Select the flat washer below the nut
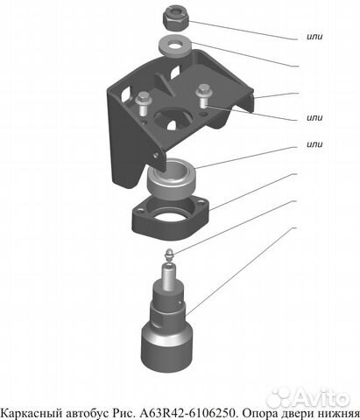click(x=174, y=45)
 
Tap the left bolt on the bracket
click(x=143, y=102)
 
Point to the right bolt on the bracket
click(x=204, y=95)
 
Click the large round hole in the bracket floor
click(x=173, y=117)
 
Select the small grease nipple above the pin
click(x=170, y=254)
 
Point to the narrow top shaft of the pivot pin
click(x=169, y=276)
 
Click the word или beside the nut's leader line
click(x=314, y=37)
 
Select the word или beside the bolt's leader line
click(x=314, y=117)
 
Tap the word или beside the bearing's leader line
click(x=314, y=144)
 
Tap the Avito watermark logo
click(x=308, y=397)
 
